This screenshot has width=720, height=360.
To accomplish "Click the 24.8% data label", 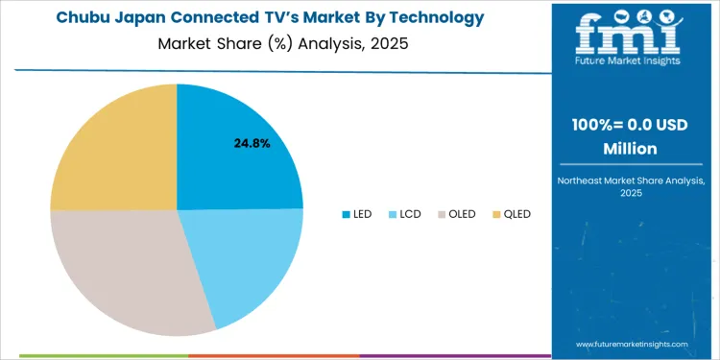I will pos(252,143).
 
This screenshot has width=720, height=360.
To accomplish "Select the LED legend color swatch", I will pos(346,214).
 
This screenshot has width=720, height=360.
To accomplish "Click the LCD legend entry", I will pos(404,214).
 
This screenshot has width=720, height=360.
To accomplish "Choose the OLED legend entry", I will pos(456,214).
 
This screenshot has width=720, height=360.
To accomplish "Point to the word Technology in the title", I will pos(438,17).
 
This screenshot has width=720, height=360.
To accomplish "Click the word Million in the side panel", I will pos(630,149).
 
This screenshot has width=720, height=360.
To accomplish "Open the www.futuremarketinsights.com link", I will pos(633,343).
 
